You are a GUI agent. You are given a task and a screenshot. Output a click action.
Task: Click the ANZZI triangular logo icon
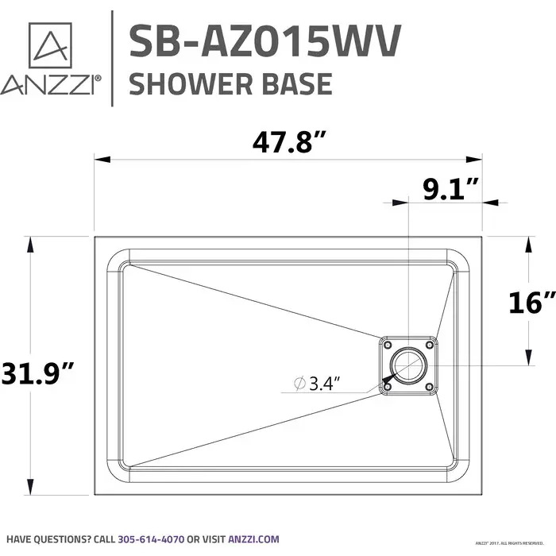(x=50, y=46)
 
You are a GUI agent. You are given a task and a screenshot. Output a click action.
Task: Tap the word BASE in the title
(x=296, y=83)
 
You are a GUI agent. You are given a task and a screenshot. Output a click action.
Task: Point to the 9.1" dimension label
(x=449, y=188)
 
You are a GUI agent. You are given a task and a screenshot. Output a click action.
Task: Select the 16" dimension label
(x=533, y=301)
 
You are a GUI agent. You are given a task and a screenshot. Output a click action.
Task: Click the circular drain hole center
(x=408, y=366)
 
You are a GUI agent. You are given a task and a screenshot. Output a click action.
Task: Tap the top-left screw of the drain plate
(x=387, y=345)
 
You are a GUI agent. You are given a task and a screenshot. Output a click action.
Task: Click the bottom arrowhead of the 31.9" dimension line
(x=31, y=489)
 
